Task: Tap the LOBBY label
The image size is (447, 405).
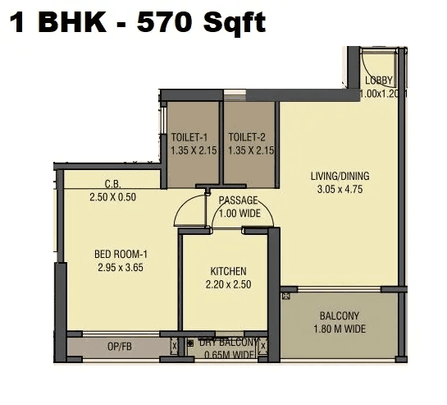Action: click(x=380, y=80)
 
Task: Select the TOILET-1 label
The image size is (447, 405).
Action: click(x=190, y=137)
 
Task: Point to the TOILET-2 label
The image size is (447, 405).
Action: click(x=248, y=137)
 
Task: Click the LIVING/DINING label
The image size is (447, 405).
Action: click(x=340, y=176)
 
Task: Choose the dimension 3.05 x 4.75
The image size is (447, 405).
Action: click(x=340, y=189)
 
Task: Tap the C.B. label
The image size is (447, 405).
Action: click(x=113, y=184)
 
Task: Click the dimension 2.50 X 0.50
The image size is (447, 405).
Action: click(x=113, y=196)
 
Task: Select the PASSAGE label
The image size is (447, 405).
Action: click(x=238, y=200)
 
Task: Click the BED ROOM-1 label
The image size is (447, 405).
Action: click(x=121, y=255)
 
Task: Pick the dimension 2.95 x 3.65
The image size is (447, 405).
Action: click(x=121, y=268)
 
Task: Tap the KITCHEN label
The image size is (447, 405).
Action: click(x=228, y=271)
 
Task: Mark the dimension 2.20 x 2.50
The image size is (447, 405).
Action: click(x=228, y=284)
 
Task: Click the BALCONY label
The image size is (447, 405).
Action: click(x=340, y=316)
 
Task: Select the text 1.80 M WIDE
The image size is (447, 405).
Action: click(x=340, y=329)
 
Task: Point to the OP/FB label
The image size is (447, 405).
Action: click(x=119, y=347)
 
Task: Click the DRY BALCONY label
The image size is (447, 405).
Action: click(x=223, y=343)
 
